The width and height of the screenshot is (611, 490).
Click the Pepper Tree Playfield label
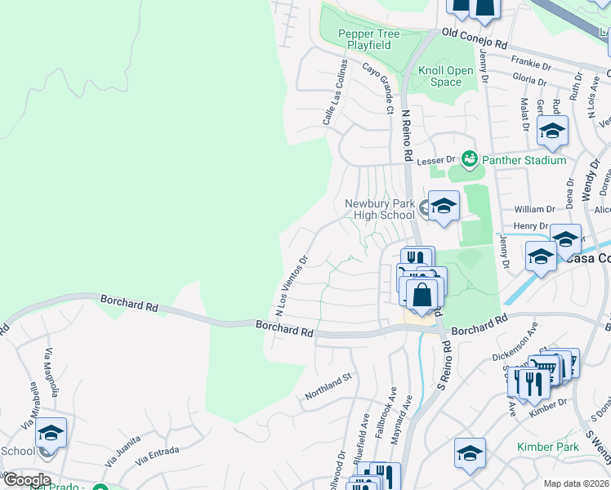[x=368, y=39]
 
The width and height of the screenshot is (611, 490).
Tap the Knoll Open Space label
[x=446, y=76]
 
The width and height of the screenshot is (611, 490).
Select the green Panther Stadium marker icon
[x=469, y=158]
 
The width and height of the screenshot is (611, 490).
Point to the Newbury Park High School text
[x=380, y=209]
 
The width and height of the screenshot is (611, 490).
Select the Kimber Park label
[x=548, y=447]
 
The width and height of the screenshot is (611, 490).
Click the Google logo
[x=26, y=479]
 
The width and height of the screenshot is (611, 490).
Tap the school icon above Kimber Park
[x=471, y=453]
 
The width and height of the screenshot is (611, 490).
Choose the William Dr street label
[x=534, y=210]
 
